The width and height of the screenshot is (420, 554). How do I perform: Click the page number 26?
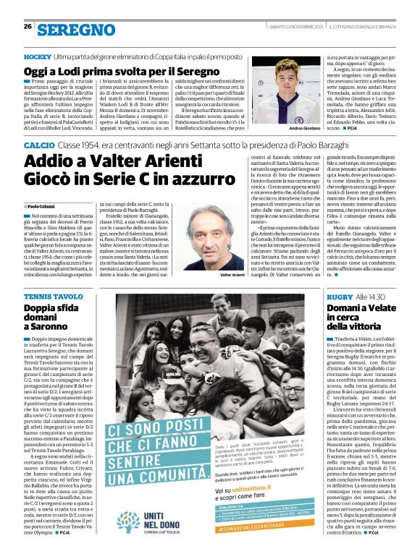(28, 26)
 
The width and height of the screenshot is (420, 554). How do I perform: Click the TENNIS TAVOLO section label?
(54, 297)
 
